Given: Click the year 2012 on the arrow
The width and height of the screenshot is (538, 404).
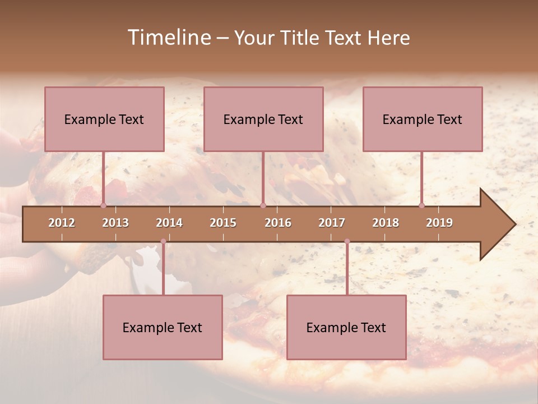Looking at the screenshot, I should (x=62, y=223).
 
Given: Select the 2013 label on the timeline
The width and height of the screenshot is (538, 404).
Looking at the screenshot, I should (x=115, y=223).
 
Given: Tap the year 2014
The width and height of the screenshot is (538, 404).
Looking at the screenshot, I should (x=169, y=223).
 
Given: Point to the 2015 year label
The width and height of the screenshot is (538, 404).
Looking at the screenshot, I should (x=223, y=223).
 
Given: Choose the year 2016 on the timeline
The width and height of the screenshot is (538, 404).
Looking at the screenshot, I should (x=278, y=223).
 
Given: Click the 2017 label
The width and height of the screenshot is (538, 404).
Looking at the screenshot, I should (x=332, y=223).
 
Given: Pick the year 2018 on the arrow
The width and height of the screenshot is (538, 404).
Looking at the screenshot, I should (x=386, y=223).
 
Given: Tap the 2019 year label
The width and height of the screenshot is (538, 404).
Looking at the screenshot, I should (x=439, y=223).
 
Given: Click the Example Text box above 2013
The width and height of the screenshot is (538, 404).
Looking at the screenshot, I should (x=104, y=119).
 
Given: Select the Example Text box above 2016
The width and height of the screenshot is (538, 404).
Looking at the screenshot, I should (x=263, y=119).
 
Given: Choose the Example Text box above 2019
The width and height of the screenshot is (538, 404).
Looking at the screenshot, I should (x=423, y=119).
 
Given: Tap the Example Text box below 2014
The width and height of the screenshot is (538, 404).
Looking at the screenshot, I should (x=163, y=327).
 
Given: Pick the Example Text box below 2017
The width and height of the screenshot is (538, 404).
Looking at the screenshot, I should (x=346, y=327).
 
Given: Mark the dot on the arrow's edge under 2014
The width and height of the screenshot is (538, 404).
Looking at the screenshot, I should (x=163, y=241).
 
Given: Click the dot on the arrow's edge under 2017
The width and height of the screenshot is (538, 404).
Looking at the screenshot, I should (x=347, y=241).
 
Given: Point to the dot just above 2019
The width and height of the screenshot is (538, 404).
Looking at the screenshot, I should (x=421, y=205).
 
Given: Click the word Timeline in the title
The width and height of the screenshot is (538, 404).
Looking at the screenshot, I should (x=169, y=38).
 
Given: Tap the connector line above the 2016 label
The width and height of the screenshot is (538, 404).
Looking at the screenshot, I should (x=263, y=177).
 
